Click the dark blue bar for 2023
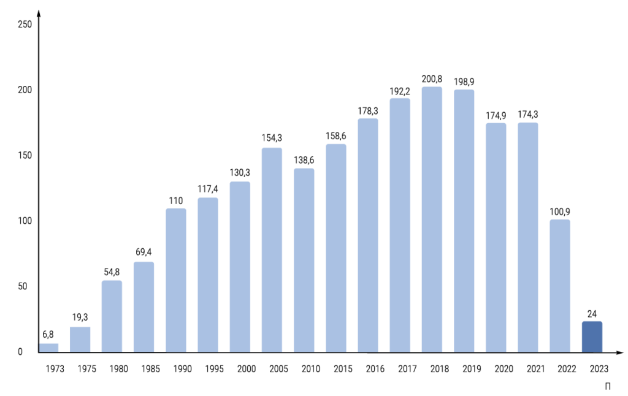[x=592, y=337]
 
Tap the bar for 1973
[x=48, y=348]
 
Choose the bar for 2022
[x=560, y=286]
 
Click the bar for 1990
[x=176, y=280]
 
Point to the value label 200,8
[x=432, y=79]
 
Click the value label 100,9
[x=560, y=211]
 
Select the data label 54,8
[x=112, y=273]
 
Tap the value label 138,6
[x=304, y=161]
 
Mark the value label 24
[x=592, y=313]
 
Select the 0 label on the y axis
[x=20, y=352]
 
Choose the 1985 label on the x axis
[x=144, y=369]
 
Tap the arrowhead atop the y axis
[x=39, y=14]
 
